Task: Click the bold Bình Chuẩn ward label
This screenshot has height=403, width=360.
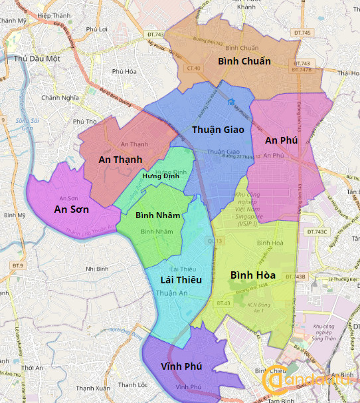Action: pos(244,61)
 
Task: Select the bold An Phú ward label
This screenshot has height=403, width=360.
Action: pos(281,140)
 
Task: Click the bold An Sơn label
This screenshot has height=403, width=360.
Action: pos(72,209)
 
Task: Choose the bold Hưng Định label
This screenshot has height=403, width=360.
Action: pos(161,176)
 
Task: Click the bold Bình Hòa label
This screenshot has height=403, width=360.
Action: pos(253,275)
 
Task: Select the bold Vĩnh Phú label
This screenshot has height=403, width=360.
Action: pos(181,366)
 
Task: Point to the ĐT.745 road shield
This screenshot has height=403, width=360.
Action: pos(302,33)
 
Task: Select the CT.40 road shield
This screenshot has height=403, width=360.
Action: pos(194,68)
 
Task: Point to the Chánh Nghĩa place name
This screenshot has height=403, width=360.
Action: pos(60,97)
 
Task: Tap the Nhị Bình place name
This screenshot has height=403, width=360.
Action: pos(98,269)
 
